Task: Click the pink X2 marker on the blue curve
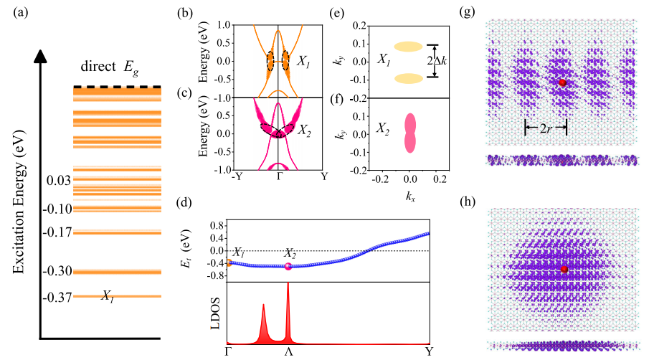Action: pyautogui.click(x=288, y=266)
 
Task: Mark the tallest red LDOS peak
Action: pyautogui.click(x=288, y=287)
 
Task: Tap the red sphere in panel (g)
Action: pyautogui.click(x=562, y=83)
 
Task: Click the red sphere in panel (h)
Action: pyautogui.click(x=564, y=269)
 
